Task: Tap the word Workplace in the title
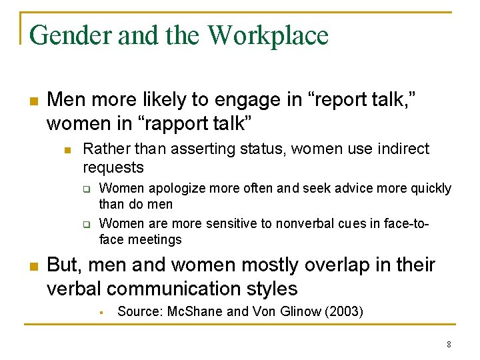tap(269, 35)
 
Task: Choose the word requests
tap(113, 167)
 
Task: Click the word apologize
tap(175, 189)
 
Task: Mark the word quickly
tap(429, 189)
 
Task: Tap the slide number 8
tap(449, 345)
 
